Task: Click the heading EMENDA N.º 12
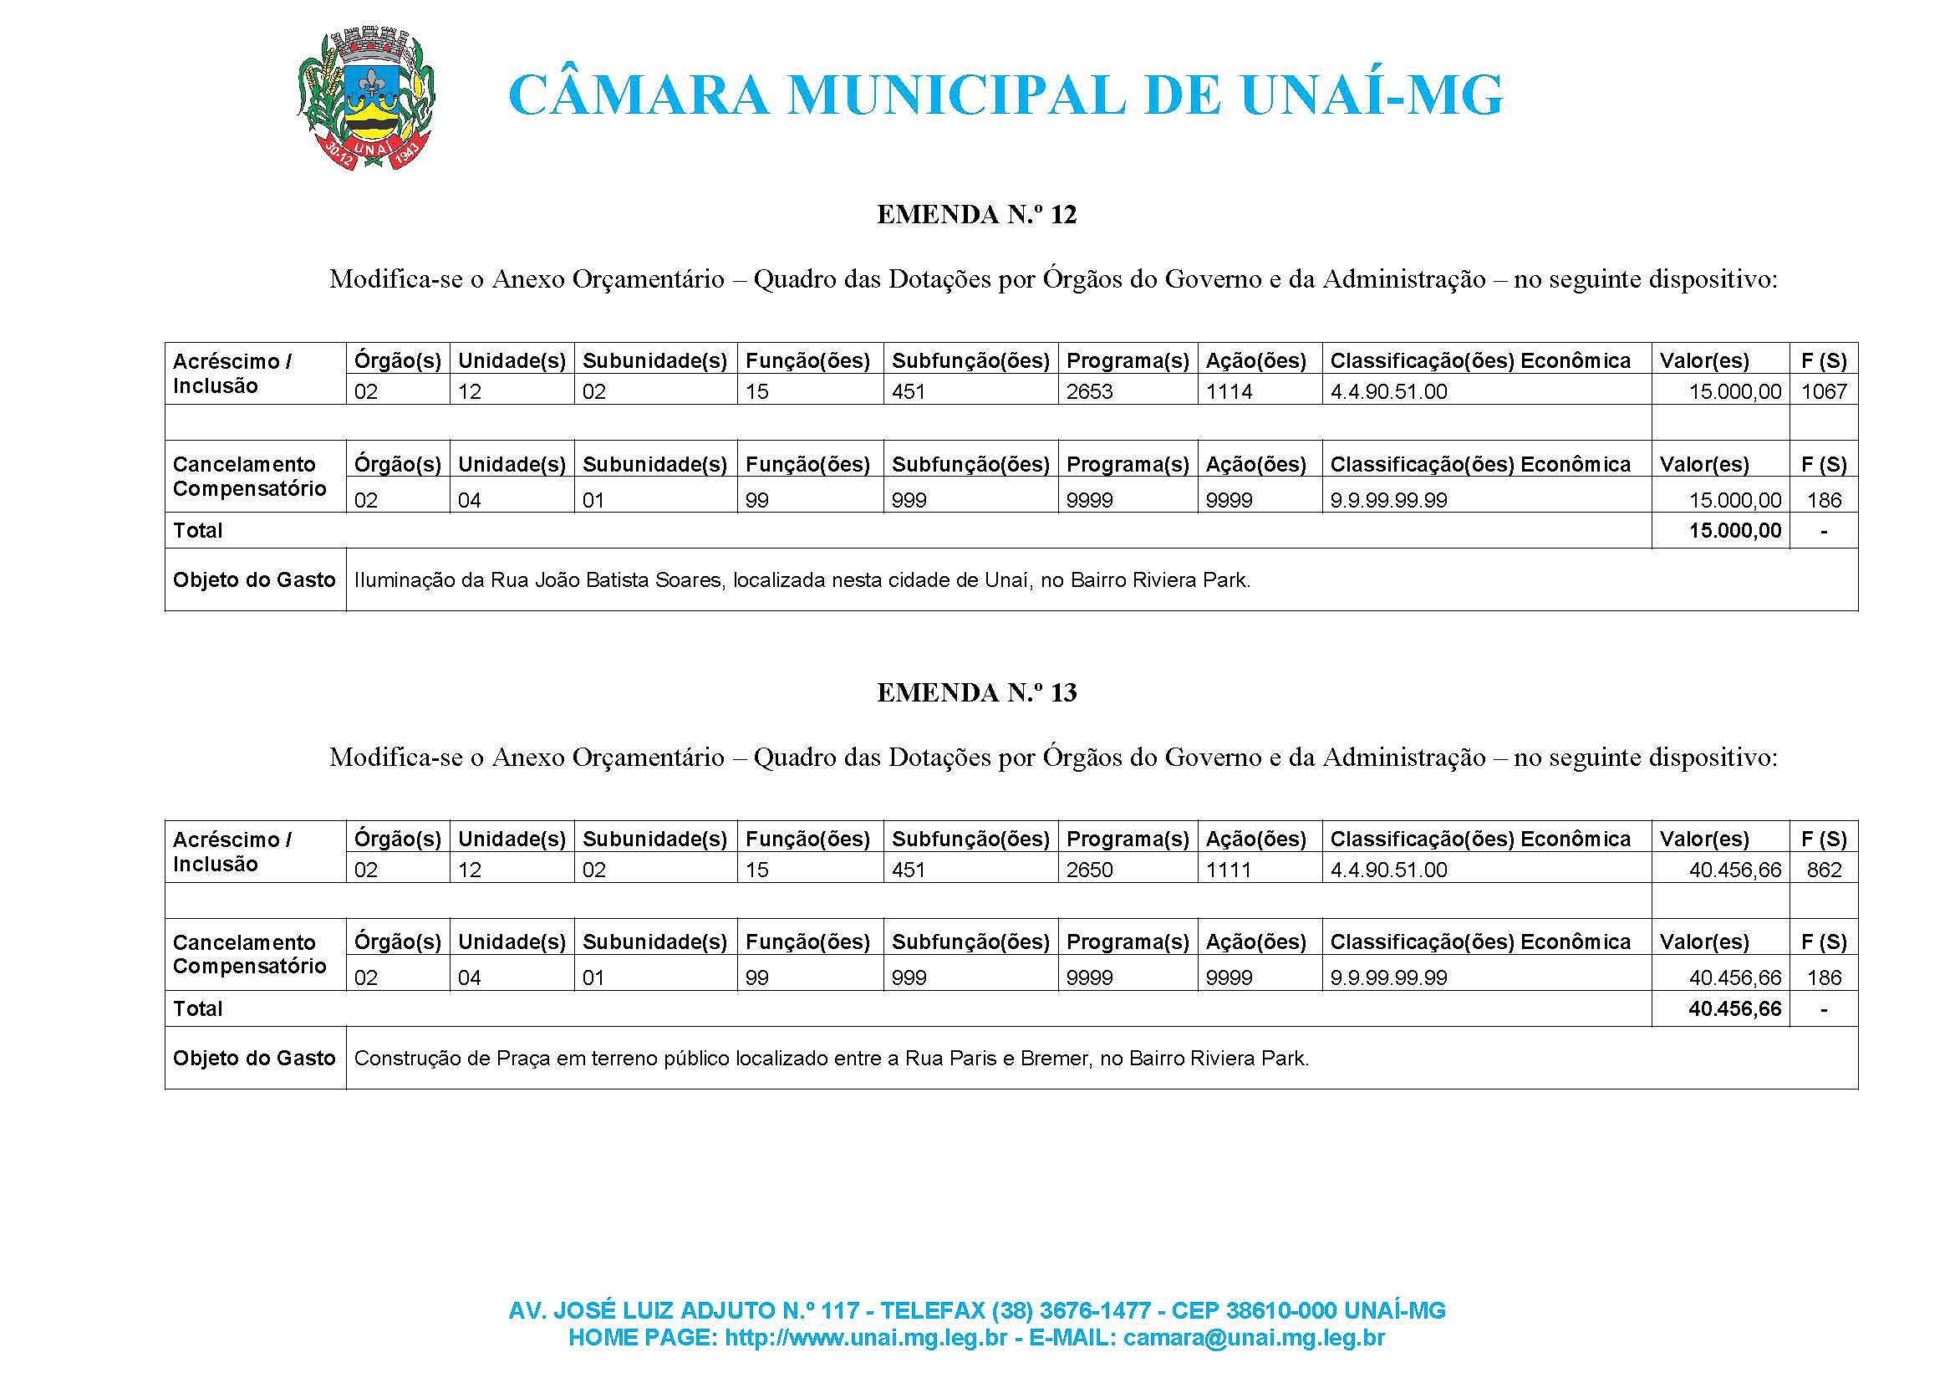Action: [x=976, y=215]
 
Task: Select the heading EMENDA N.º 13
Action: [x=976, y=693]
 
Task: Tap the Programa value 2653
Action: [x=1089, y=391]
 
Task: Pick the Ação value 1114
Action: [x=1229, y=391]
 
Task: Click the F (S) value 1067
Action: [x=1824, y=391]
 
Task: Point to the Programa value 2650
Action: [x=1089, y=870]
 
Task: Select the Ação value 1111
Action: [x=1229, y=870]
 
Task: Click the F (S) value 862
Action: [x=1824, y=870]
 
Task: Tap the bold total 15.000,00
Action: [x=1735, y=531]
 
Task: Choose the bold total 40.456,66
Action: [x=1735, y=1009]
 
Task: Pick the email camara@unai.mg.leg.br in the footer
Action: [x=1254, y=1338]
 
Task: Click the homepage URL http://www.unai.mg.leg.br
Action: [x=866, y=1338]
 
